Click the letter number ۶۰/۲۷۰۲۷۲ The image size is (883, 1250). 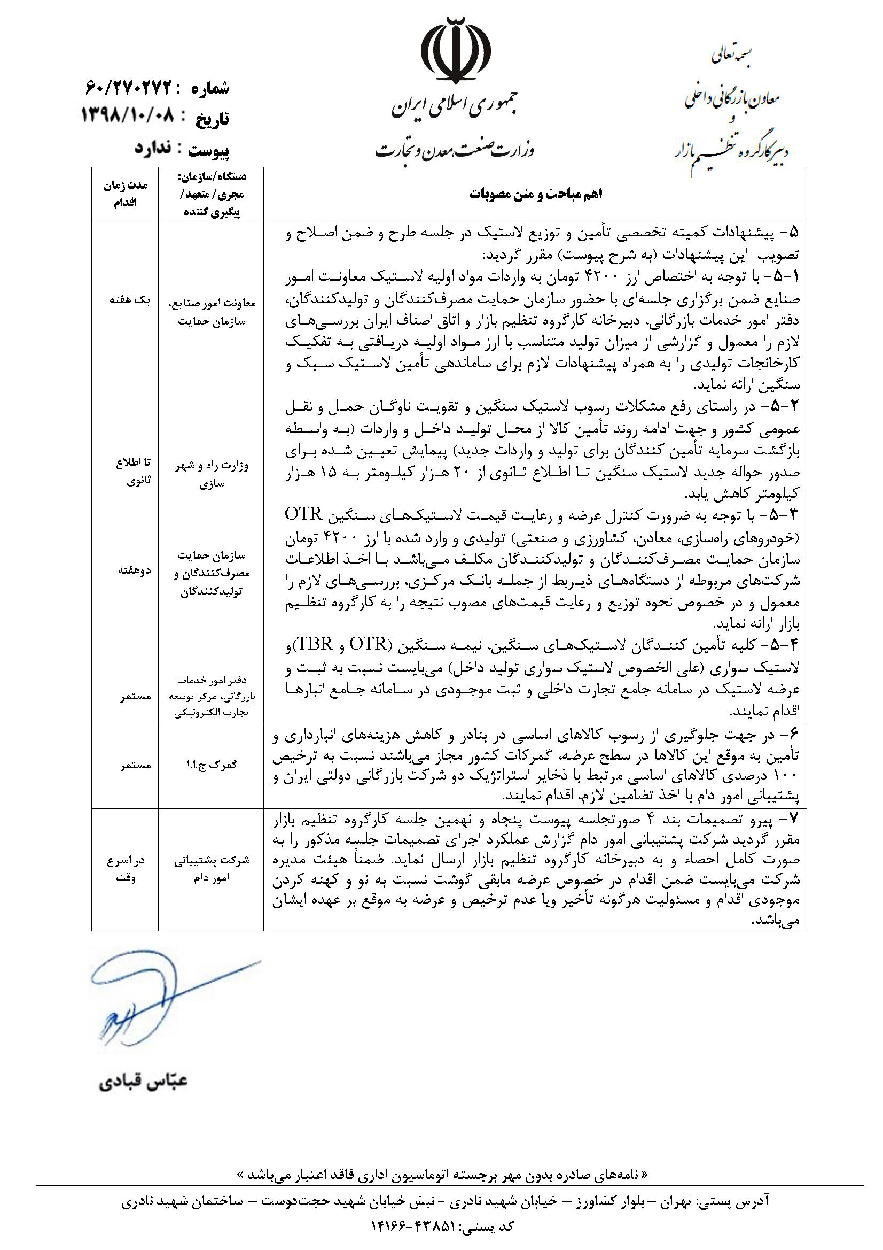tap(128, 87)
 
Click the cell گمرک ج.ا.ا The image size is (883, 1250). tap(212, 765)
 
